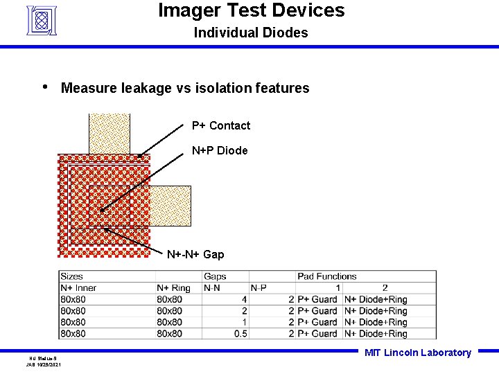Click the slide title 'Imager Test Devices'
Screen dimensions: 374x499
(251, 10)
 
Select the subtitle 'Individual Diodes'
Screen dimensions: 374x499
(250, 33)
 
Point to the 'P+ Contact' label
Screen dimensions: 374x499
(221, 125)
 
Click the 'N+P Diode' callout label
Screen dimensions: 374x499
(220, 150)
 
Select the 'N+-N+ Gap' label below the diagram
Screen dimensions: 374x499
(195, 254)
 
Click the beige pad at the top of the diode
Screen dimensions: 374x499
(110, 133)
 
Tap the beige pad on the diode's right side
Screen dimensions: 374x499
(170, 206)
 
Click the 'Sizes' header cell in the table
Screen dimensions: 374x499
(71, 276)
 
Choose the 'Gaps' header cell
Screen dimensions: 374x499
(215, 276)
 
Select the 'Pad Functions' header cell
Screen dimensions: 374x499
(326, 276)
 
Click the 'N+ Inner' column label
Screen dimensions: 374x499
(78, 288)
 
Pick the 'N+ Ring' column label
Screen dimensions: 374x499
(173, 288)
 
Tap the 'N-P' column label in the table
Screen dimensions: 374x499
(259, 288)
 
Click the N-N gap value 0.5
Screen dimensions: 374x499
(239, 333)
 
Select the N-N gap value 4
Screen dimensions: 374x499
(244, 299)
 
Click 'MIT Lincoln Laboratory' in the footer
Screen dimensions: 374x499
(417, 353)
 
